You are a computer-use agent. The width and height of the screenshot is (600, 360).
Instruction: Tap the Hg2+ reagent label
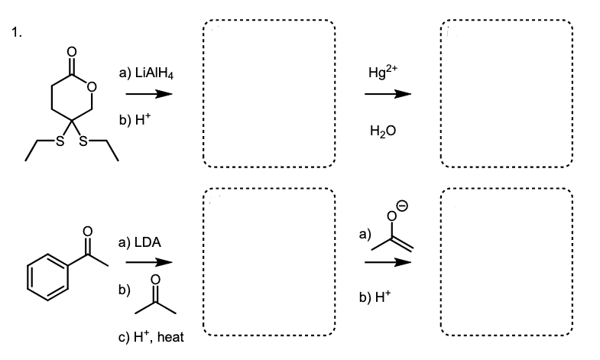point(381,73)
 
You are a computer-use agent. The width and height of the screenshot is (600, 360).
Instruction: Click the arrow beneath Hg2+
point(387,94)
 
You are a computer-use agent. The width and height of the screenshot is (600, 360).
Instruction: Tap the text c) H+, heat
point(151,337)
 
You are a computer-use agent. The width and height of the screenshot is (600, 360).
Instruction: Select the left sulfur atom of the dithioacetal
point(49,142)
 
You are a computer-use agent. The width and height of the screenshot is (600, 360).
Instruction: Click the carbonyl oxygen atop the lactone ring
point(72,52)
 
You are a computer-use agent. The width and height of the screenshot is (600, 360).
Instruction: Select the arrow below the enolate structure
point(387,262)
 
